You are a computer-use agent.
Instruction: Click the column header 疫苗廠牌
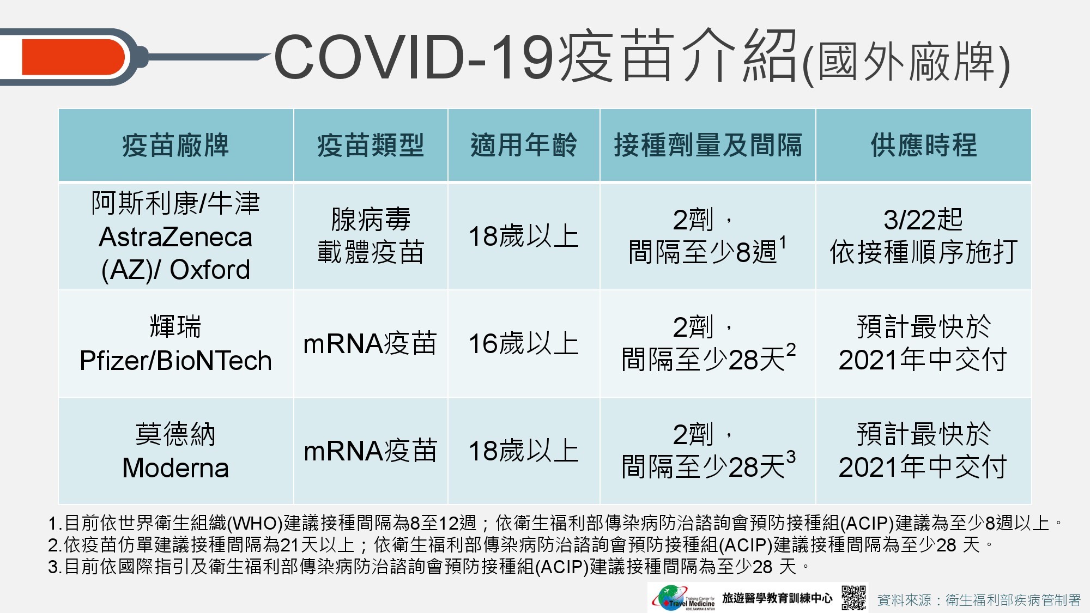(175, 145)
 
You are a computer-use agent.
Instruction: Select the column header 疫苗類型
(371, 145)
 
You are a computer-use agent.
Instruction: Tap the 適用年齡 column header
(524, 145)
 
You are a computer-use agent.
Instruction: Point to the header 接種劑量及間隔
(708, 145)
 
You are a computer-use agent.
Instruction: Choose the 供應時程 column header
(924, 145)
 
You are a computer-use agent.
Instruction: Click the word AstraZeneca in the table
(175, 237)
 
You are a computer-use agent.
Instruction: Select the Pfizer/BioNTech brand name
(175, 361)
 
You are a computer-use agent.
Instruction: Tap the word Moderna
(175, 468)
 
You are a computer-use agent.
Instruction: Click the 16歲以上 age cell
(524, 344)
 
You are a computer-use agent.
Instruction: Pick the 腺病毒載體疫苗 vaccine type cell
(371, 236)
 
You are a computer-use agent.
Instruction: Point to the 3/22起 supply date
(923, 220)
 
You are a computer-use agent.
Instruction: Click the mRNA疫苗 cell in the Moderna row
(371, 451)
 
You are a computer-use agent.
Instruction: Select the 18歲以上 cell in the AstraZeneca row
(524, 236)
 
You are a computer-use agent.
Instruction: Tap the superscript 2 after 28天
(791, 350)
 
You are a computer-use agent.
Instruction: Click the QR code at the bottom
(853, 598)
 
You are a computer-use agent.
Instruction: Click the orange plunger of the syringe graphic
(73, 57)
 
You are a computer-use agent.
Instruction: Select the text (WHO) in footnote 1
(255, 524)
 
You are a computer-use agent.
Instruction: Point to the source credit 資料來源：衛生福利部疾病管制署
(979, 600)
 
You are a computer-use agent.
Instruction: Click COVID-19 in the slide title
(414, 57)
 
